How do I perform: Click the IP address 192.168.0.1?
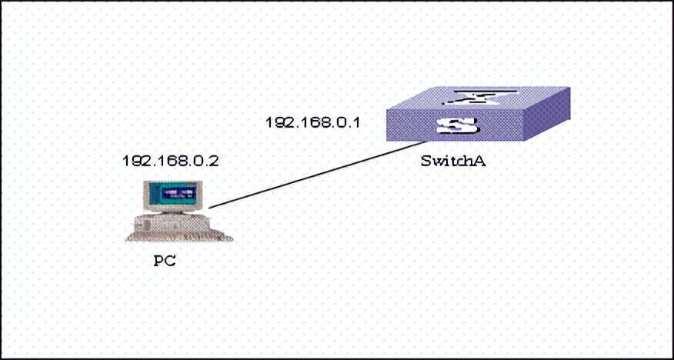click(312, 122)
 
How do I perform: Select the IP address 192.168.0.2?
click(169, 162)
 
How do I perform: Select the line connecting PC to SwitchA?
click(315, 175)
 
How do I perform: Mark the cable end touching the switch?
click(424, 142)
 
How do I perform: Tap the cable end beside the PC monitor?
click(210, 206)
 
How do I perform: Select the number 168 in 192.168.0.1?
click(312, 122)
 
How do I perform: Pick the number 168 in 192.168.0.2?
click(168, 162)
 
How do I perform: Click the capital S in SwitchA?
click(426, 162)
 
